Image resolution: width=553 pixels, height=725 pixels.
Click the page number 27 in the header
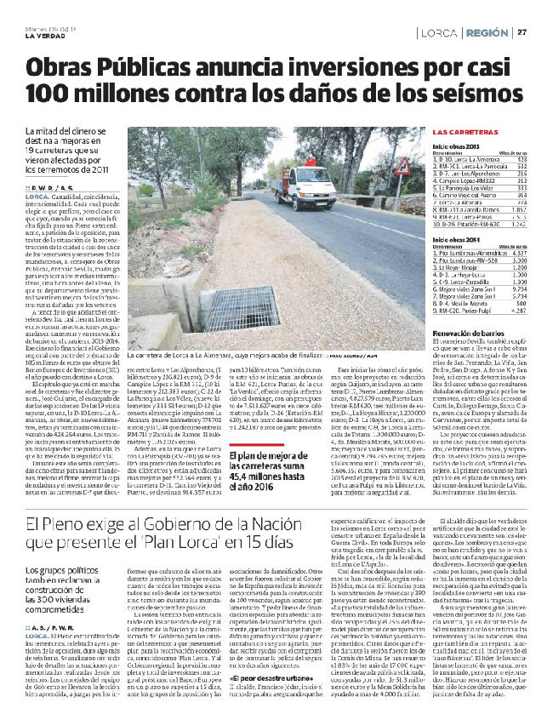click(522, 32)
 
